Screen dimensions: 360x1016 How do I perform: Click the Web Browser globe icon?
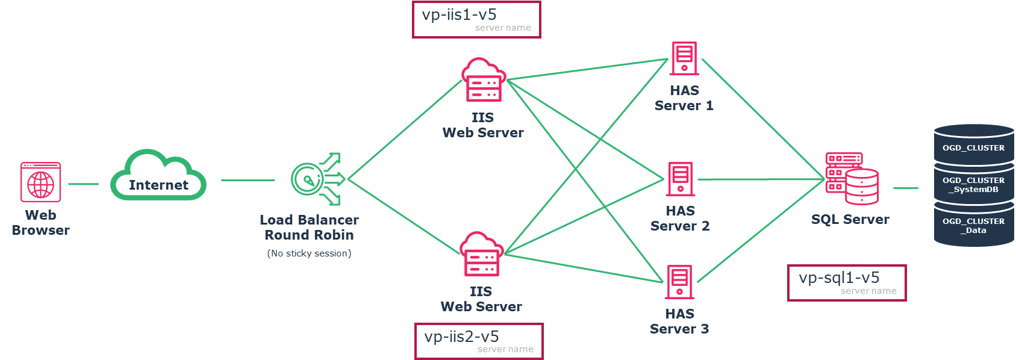click(40, 182)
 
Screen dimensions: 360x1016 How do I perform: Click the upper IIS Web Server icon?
click(483, 81)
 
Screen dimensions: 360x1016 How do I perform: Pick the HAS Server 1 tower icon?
click(684, 58)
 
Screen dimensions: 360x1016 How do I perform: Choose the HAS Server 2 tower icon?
click(681, 179)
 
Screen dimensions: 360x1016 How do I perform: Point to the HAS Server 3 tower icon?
click(679, 282)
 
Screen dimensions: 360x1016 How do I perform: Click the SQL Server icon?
click(852, 179)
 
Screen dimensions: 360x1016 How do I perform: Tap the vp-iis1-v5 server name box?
click(476, 20)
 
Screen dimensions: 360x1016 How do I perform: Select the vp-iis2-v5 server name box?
click(479, 341)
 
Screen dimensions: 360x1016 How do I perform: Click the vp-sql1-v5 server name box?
click(847, 283)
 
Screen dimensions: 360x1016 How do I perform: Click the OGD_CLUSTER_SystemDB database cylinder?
click(973, 185)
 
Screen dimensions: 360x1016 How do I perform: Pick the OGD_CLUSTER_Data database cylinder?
click(973, 226)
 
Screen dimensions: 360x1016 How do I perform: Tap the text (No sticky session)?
click(309, 253)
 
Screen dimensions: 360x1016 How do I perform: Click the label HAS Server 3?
click(679, 321)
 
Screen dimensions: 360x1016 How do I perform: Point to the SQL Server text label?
click(850, 219)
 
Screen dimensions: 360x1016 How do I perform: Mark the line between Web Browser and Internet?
click(83, 184)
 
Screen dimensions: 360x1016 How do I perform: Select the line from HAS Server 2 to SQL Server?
click(759, 179)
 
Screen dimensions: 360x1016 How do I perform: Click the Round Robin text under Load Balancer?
click(309, 235)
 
